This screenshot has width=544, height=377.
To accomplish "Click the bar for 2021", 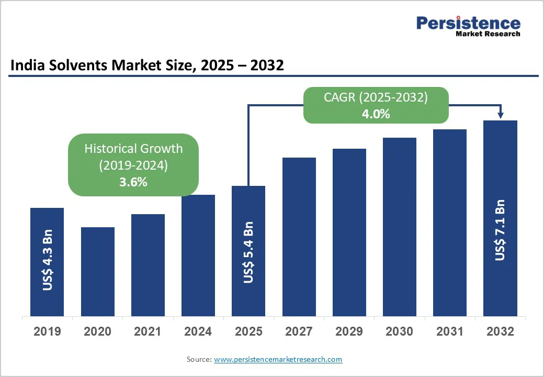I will click(148, 265).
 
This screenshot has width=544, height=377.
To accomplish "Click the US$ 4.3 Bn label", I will click(48, 260).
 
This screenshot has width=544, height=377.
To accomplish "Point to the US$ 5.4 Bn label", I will click(248, 252).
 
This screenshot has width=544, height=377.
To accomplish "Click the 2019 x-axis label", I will click(47, 331).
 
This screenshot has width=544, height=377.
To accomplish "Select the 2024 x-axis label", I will click(198, 331).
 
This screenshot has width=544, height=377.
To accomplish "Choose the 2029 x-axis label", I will click(349, 331).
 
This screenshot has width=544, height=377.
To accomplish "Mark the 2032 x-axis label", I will click(500, 331).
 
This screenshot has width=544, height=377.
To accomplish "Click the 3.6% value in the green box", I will click(133, 182).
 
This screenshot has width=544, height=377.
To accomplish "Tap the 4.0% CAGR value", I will click(376, 114).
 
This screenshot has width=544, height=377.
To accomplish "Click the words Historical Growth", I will click(133, 148).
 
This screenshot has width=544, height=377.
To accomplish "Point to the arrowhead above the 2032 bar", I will click(501, 116).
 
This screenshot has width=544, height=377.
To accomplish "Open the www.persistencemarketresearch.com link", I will click(278, 359).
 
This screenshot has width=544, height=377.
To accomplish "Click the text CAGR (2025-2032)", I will click(376, 97).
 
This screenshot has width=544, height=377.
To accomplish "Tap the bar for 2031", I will click(450, 223).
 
